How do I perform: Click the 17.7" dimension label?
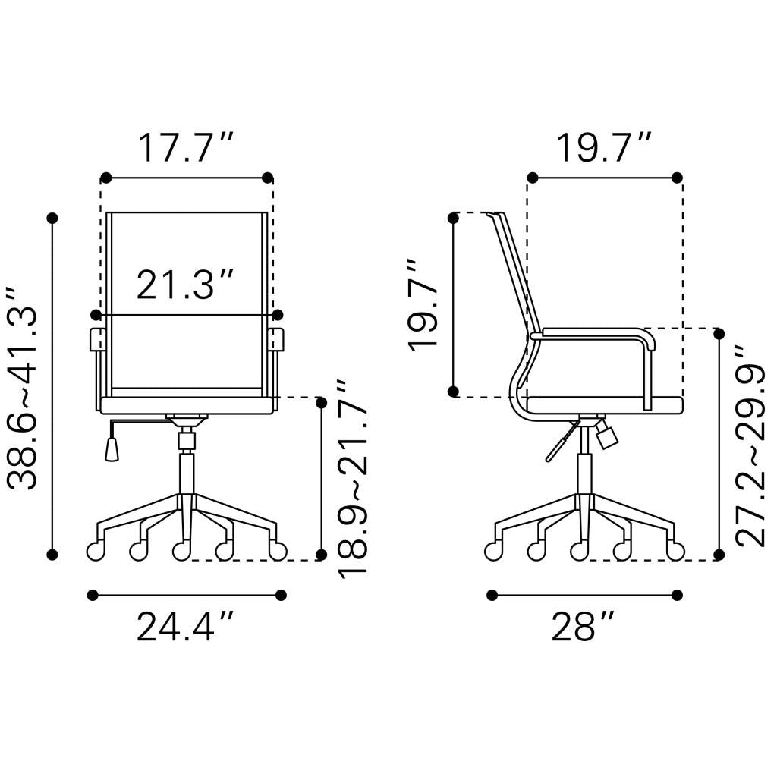[x=186, y=148]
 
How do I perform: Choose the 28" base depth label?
[x=583, y=628]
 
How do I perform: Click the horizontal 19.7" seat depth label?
[x=605, y=148]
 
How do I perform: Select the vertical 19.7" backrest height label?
[x=423, y=304]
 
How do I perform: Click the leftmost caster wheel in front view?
[x=96, y=551]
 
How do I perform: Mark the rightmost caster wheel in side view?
[x=675, y=551]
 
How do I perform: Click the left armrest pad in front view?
[x=98, y=339]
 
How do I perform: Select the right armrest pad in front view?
[x=276, y=339]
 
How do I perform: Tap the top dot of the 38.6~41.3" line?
[x=52, y=219]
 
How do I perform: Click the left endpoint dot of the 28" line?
[x=492, y=595]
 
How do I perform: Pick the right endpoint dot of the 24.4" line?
[x=282, y=595]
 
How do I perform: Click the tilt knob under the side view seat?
[x=607, y=436]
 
